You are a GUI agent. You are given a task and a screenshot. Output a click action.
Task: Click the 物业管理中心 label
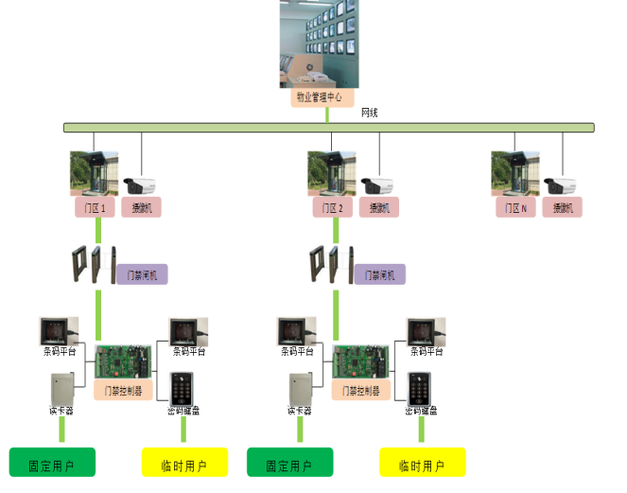(x=322, y=97)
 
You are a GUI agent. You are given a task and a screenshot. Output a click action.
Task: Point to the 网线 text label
(x=370, y=113)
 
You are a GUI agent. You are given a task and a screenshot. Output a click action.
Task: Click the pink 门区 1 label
(x=94, y=207)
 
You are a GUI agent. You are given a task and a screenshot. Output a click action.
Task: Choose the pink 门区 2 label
(x=332, y=207)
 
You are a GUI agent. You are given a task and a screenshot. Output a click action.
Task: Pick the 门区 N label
(x=515, y=207)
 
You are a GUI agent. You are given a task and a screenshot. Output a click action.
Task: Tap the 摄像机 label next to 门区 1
(x=142, y=207)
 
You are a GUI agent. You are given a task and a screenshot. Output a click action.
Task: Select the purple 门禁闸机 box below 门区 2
(x=379, y=274)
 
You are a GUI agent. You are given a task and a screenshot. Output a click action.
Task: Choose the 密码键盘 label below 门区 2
(x=421, y=411)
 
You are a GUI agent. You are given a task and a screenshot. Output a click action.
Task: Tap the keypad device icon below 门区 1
(x=182, y=387)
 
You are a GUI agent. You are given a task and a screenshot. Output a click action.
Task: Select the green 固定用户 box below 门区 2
(x=290, y=463)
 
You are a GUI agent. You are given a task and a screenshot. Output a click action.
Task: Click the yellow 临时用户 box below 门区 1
(x=185, y=463)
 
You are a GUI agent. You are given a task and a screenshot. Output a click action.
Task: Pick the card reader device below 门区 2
(x=300, y=388)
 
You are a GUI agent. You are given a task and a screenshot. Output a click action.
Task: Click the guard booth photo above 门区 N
(x=515, y=172)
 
